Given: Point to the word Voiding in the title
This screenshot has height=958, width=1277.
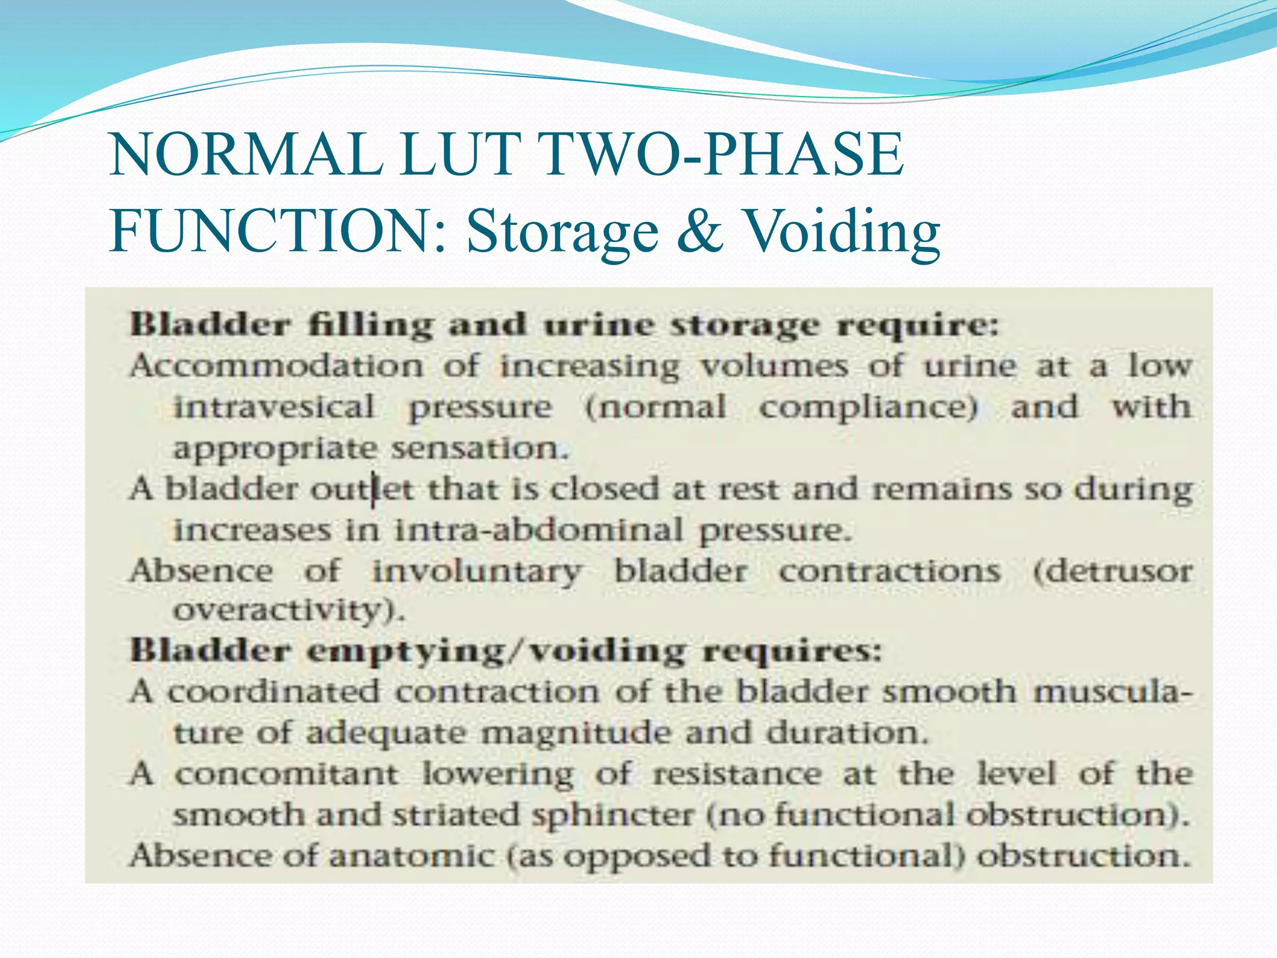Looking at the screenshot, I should (842, 231).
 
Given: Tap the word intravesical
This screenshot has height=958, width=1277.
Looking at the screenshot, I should (274, 407).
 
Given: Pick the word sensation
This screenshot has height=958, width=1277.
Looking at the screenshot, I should (480, 448).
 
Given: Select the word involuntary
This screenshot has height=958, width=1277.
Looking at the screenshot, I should (477, 571).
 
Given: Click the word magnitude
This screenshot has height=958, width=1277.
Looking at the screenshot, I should (577, 732).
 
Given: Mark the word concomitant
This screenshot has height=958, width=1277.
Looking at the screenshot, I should (286, 774).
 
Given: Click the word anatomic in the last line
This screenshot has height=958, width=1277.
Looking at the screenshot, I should (412, 855).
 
